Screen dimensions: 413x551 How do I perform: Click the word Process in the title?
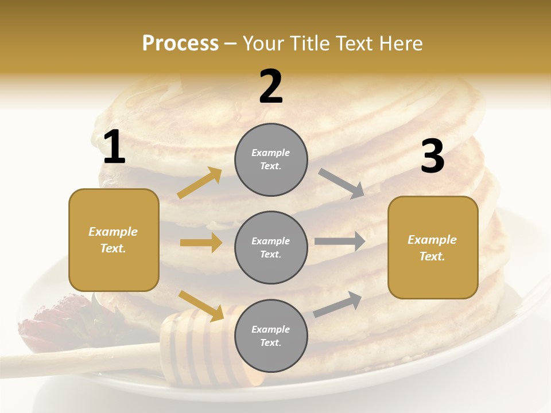180,44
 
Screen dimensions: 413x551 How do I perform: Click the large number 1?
114,147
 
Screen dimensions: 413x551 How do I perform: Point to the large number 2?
271,87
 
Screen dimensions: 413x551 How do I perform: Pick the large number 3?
432,157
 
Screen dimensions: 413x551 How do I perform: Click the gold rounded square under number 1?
114,240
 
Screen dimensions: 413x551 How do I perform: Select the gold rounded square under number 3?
433,247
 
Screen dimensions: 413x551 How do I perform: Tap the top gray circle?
271,159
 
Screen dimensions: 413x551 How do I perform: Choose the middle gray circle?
271,247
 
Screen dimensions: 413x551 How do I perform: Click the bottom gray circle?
271,336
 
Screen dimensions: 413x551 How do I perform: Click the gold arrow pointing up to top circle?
199,183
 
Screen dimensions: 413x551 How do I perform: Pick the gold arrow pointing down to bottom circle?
201,306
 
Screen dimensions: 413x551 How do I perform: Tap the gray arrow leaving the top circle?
342,183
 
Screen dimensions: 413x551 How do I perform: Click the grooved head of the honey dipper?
195,344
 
